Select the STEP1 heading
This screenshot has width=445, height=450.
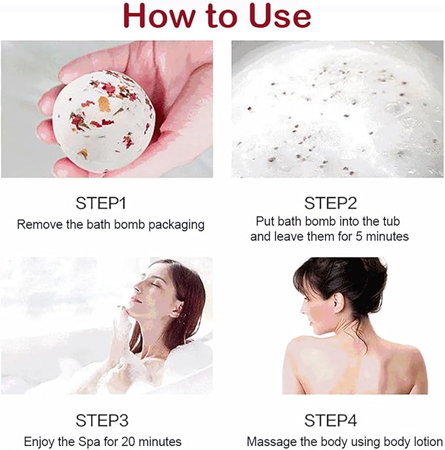tap(110, 203)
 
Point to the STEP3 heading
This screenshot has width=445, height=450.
tap(103, 420)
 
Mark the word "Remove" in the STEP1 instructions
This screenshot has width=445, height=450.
tap(38, 224)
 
